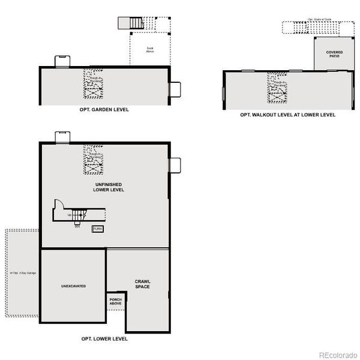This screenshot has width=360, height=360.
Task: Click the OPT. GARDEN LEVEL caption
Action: (x=104, y=110)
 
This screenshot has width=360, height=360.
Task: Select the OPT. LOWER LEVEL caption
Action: (x=104, y=339)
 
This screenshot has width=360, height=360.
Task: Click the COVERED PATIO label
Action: (x=334, y=54)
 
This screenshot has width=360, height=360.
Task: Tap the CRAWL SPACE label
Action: (x=142, y=284)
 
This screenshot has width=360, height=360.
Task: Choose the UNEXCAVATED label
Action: (x=73, y=286)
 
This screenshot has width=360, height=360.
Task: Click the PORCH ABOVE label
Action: (x=116, y=301)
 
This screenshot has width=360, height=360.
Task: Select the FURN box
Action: (x=97, y=229)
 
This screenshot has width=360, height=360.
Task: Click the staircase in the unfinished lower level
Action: (x=82, y=214)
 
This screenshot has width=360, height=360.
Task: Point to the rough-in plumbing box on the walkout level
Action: (x=277, y=85)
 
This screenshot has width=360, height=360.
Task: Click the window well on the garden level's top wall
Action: (x=62, y=61)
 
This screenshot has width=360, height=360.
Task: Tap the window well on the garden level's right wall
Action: (x=175, y=89)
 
